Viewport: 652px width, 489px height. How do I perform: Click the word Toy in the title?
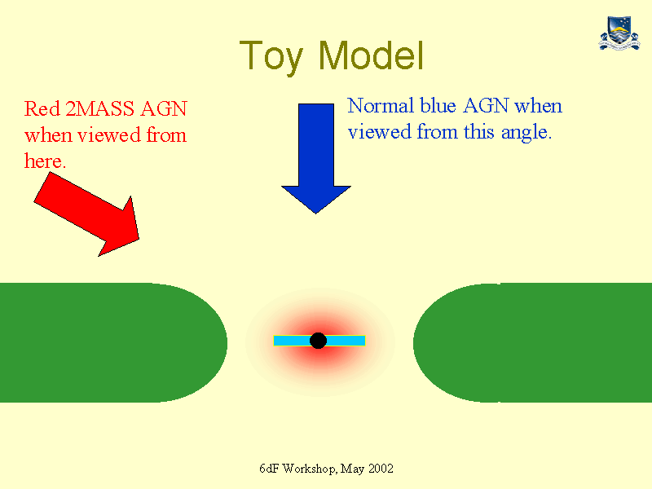[x=271, y=57]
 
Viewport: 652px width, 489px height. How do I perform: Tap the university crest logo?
[x=619, y=33]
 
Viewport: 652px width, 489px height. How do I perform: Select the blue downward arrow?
[x=316, y=158]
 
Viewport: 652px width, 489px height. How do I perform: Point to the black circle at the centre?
[x=318, y=341]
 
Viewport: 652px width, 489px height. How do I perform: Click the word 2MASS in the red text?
[x=99, y=109]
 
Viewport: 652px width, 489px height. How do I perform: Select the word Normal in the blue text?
[x=381, y=106]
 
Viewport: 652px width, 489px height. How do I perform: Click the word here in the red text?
[x=45, y=161]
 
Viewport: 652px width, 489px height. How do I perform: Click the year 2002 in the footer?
[x=381, y=469]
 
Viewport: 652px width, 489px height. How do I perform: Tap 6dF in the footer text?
[x=269, y=469]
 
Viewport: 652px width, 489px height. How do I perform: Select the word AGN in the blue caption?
[x=486, y=106]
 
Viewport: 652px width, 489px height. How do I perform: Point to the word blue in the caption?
[x=438, y=106]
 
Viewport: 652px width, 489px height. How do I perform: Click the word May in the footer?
[x=352, y=469]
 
